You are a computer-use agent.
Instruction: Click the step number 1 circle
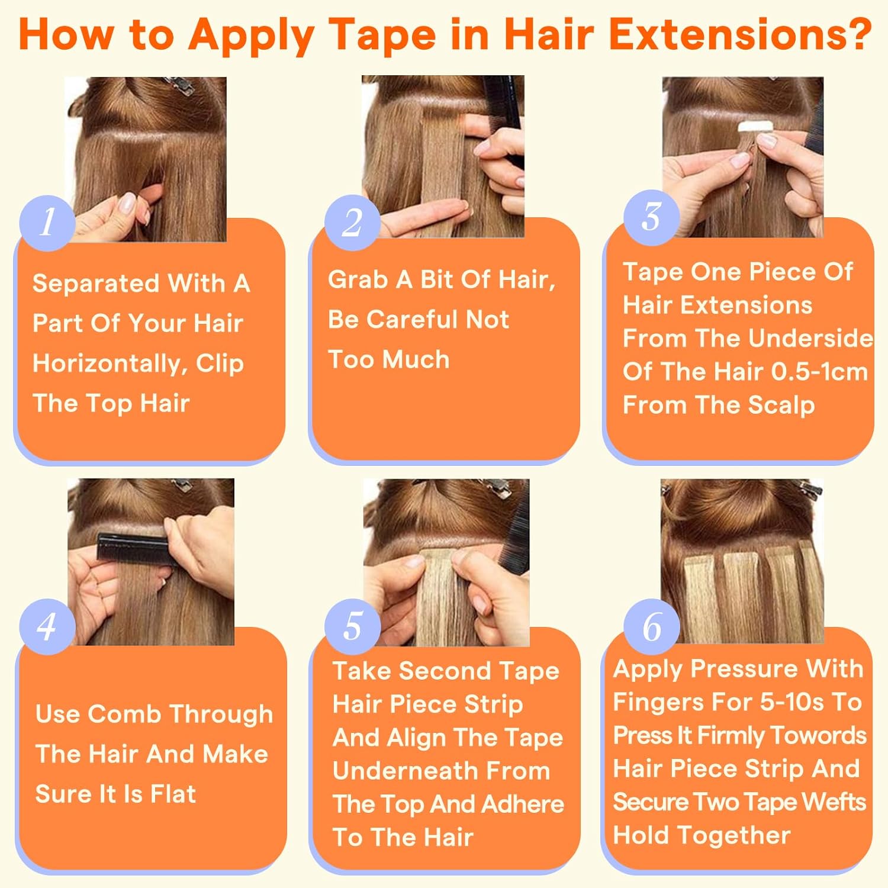(x=47, y=222)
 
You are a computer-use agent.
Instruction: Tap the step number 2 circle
(x=352, y=222)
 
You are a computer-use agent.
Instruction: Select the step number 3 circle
(x=651, y=217)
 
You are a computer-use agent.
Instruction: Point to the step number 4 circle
(x=47, y=626)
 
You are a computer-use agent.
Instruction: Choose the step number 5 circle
(x=352, y=626)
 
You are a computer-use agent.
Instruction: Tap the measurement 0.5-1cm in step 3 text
(x=819, y=372)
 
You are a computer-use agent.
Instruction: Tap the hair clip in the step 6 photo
(x=809, y=488)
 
